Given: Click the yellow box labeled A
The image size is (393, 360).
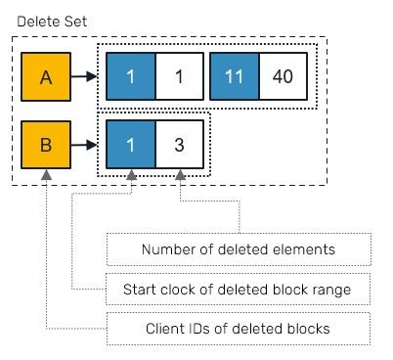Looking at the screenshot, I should point(46,75).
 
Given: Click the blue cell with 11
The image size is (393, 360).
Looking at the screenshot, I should point(235,75).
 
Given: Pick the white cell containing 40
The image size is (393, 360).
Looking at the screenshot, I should point(284,75).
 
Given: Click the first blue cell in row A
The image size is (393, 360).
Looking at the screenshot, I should point(131,75).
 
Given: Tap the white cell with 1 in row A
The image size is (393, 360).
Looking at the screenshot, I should point(180,75).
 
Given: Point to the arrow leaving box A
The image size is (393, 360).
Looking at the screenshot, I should point(84,75).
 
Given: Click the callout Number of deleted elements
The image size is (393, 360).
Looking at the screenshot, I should point(239,249).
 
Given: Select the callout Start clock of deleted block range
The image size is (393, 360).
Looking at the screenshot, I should point(239,289).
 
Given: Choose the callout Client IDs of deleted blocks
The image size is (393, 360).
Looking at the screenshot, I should point(239,328).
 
